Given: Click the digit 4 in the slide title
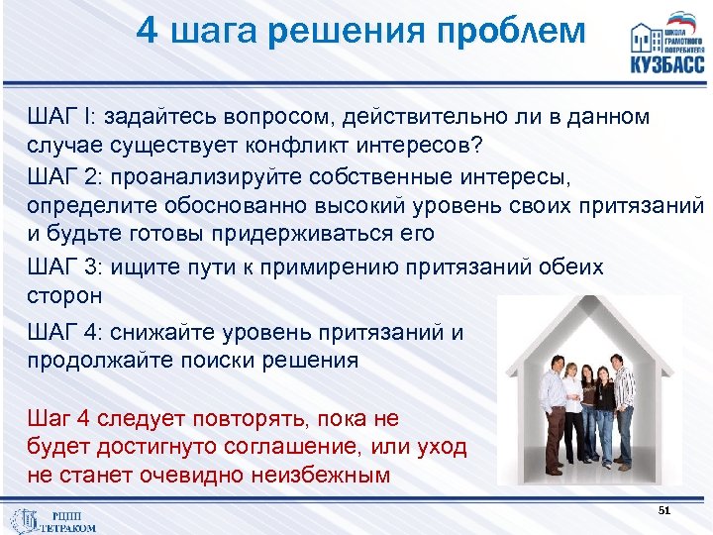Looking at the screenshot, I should [147, 32].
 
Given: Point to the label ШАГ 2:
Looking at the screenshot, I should [67, 176].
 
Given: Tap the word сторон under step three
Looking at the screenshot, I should [64, 295].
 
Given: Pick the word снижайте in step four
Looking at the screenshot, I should [184, 332].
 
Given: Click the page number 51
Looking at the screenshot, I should [664, 509].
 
